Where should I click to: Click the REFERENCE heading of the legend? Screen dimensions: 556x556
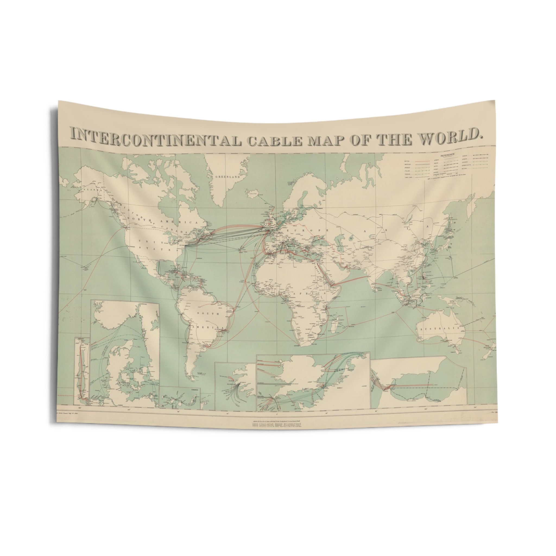[447, 154]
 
